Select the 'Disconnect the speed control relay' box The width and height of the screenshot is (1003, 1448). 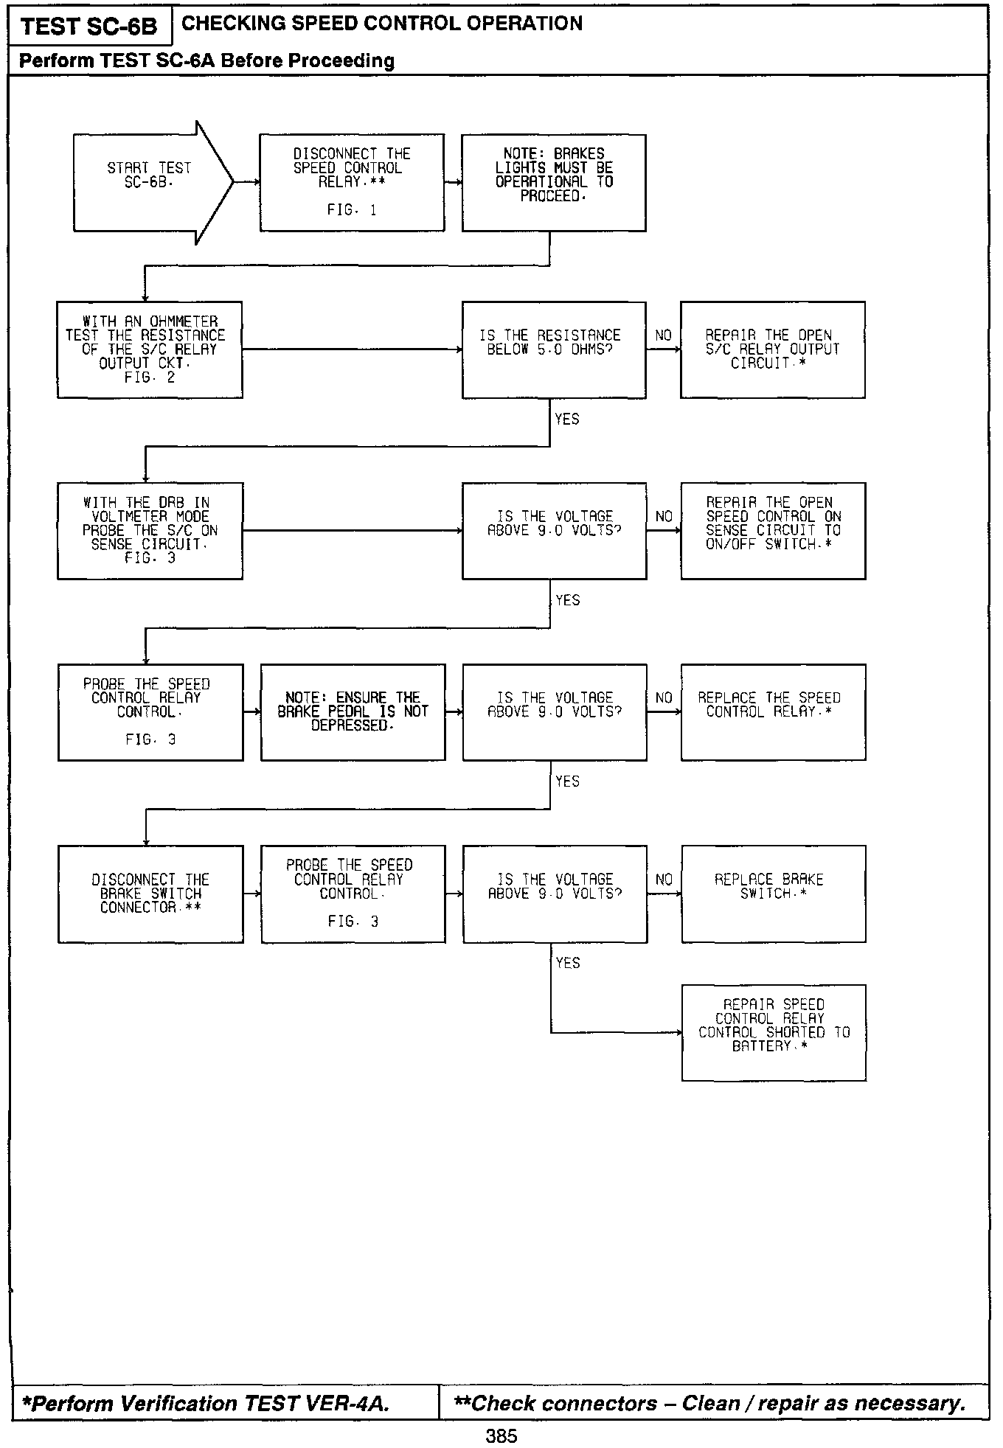click(x=352, y=182)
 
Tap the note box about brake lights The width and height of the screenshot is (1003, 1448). click(x=554, y=182)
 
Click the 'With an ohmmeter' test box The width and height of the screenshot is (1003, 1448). click(x=150, y=349)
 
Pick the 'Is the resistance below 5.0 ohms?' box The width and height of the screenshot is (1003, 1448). click(x=554, y=349)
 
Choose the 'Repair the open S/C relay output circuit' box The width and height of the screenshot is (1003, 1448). click(x=772, y=349)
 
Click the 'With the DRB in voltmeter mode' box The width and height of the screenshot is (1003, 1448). click(x=150, y=531)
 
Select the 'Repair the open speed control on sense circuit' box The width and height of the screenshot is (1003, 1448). click(x=773, y=531)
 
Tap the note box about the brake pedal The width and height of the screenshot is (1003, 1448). click(x=353, y=712)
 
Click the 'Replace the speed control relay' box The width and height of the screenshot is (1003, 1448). click(x=773, y=712)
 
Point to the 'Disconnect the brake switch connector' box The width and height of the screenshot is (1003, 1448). click(x=150, y=894)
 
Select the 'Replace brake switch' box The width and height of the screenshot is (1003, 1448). click(x=773, y=894)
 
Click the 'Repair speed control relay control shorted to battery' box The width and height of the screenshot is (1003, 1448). click(x=774, y=1032)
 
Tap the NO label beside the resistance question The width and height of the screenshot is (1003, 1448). click(x=664, y=335)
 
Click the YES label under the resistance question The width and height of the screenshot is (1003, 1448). click(x=567, y=419)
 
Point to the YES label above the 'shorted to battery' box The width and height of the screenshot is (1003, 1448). click(x=568, y=963)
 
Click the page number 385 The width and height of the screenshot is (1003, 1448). click(x=502, y=1436)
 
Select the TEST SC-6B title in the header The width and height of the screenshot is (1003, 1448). click(x=89, y=27)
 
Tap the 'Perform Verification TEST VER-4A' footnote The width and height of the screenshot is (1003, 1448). click(x=206, y=1403)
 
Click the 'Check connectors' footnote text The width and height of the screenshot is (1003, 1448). click(x=709, y=1403)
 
